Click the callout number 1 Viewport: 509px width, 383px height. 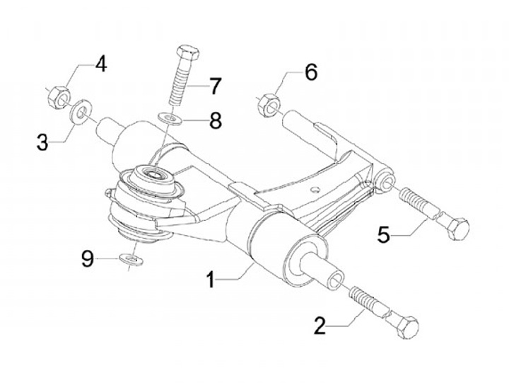(x=210, y=279)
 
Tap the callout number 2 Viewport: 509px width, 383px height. (x=320, y=326)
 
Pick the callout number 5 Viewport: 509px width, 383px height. (x=383, y=234)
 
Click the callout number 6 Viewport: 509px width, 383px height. (x=310, y=72)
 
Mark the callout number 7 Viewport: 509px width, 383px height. (x=213, y=86)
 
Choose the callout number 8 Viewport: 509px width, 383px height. (x=214, y=120)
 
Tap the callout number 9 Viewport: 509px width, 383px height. (x=87, y=259)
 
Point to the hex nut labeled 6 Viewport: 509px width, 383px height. (x=268, y=105)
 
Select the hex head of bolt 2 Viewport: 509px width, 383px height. (x=405, y=327)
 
